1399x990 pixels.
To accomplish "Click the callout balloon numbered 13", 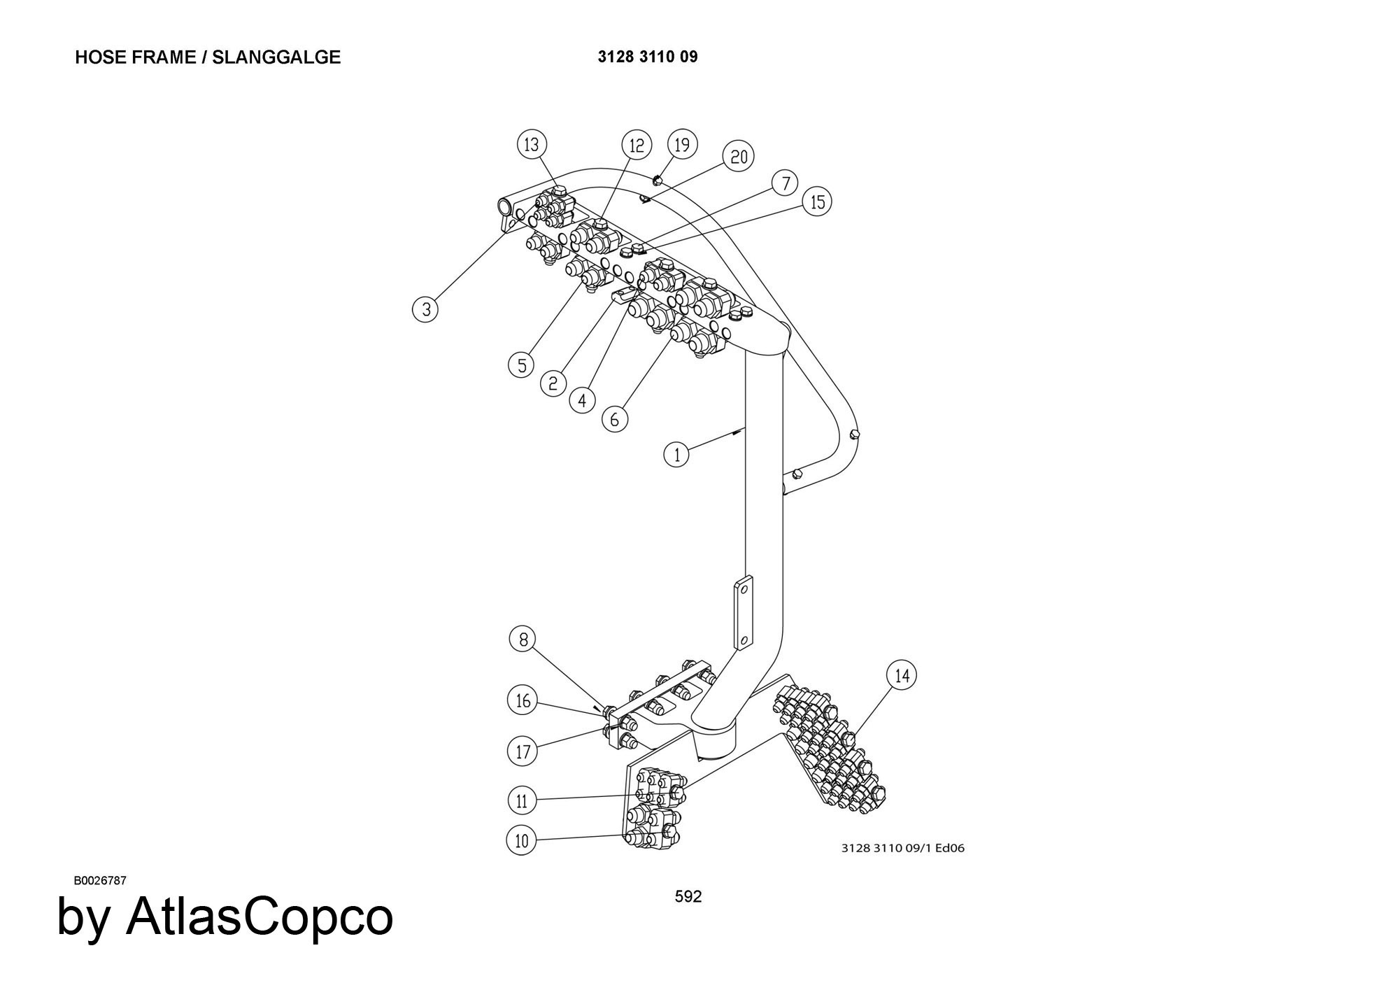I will (x=532, y=144).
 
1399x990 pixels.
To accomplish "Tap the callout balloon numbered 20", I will (x=739, y=156).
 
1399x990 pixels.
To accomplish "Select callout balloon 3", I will (x=425, y=309).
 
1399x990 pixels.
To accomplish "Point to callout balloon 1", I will (x=676, y=455).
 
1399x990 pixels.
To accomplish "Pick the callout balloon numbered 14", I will (x=902, y=675).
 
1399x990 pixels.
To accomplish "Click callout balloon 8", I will (x=523, y=639).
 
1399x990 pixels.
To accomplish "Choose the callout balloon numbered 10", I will (x=521, y=840).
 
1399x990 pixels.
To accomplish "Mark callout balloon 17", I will (x=522, y=751).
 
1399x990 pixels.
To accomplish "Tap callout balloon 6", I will (x=615, y=418).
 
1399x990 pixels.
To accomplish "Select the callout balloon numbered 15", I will (x=817, y=202).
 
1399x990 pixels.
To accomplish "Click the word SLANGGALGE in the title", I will (x=276, y=57).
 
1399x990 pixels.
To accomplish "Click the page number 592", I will (x=688, y=896).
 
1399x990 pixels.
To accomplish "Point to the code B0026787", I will (x=100, y=880).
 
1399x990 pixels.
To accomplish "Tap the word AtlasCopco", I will (x=259, y=917).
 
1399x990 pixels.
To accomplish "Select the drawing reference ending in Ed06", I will (x=902, y=848).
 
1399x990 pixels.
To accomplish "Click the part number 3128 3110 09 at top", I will (x=647, y=57).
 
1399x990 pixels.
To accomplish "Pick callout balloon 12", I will (x=637, y=146).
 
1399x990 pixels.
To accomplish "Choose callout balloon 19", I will (x=683, y=144).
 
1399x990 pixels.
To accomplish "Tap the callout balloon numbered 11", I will (x=521, y=800).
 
